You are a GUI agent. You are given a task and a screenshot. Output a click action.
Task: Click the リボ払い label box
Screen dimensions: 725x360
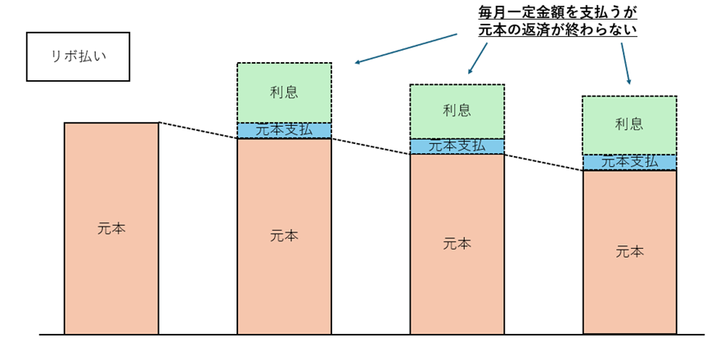tap(78, 56)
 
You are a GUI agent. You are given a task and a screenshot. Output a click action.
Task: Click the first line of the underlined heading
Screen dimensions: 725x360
tap(557, 11)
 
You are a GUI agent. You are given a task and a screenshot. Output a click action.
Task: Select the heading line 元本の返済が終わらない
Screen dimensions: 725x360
tap(557, 30)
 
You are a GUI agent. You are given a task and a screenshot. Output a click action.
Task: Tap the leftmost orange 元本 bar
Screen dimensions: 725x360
tap(111, 228)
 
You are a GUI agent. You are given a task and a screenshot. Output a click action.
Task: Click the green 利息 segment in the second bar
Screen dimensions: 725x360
tap(285, 92)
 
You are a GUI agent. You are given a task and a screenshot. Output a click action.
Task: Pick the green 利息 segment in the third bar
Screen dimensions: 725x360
tap(457, 111)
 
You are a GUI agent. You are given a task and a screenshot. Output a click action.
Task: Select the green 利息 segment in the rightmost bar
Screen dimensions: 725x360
tap(630, 125)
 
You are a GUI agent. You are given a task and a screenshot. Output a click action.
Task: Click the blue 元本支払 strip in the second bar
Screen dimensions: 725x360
tap(285, 131)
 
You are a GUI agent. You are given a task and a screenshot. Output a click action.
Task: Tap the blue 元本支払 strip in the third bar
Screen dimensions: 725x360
tap(457, 146)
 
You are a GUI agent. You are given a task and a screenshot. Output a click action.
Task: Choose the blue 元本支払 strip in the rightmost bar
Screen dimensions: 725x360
tap(630, 162)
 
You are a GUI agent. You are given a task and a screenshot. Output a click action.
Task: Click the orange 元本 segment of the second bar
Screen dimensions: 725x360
tap(285, 236)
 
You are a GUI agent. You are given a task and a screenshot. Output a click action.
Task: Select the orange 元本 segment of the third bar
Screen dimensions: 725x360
tap(457, 244)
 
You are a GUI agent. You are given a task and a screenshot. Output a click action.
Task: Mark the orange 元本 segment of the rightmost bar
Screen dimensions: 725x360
tap(630, 252)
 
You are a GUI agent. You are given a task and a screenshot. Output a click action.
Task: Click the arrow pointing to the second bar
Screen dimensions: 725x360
tap(407, 48)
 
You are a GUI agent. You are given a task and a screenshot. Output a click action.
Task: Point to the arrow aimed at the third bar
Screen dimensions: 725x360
tap(478, 58)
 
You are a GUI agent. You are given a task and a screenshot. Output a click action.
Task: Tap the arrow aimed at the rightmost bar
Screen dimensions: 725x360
tap(626, 63)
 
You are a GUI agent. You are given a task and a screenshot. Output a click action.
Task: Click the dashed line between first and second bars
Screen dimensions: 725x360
tap(198, 130)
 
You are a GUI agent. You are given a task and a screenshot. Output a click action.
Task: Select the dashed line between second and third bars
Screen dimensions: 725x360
tap(371, 146)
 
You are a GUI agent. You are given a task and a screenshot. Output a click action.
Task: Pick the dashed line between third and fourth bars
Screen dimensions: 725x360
tap(543, 162)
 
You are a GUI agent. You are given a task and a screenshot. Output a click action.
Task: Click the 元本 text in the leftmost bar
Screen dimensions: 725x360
tap(111, 229)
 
